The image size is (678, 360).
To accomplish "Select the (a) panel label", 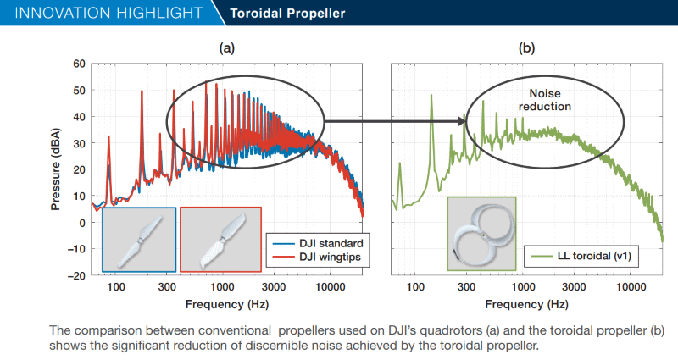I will point(226,48).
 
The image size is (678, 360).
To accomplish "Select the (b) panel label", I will point(526,48).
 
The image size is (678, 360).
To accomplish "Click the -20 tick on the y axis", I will point(76,275).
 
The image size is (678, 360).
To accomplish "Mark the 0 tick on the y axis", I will point(82,223).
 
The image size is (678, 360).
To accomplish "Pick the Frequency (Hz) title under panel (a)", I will point(227,303).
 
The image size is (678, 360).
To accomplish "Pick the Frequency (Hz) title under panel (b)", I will point(526,303).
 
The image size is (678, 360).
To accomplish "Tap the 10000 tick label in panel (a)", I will point(328,287).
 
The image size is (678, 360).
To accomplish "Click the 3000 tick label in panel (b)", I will point(575,287).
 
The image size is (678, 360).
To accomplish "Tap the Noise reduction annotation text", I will point(544,100).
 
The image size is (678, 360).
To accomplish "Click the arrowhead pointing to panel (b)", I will point(464,121).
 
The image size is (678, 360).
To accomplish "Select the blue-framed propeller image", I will point(139,240).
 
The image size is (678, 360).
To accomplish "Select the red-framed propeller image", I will point(221,240).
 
